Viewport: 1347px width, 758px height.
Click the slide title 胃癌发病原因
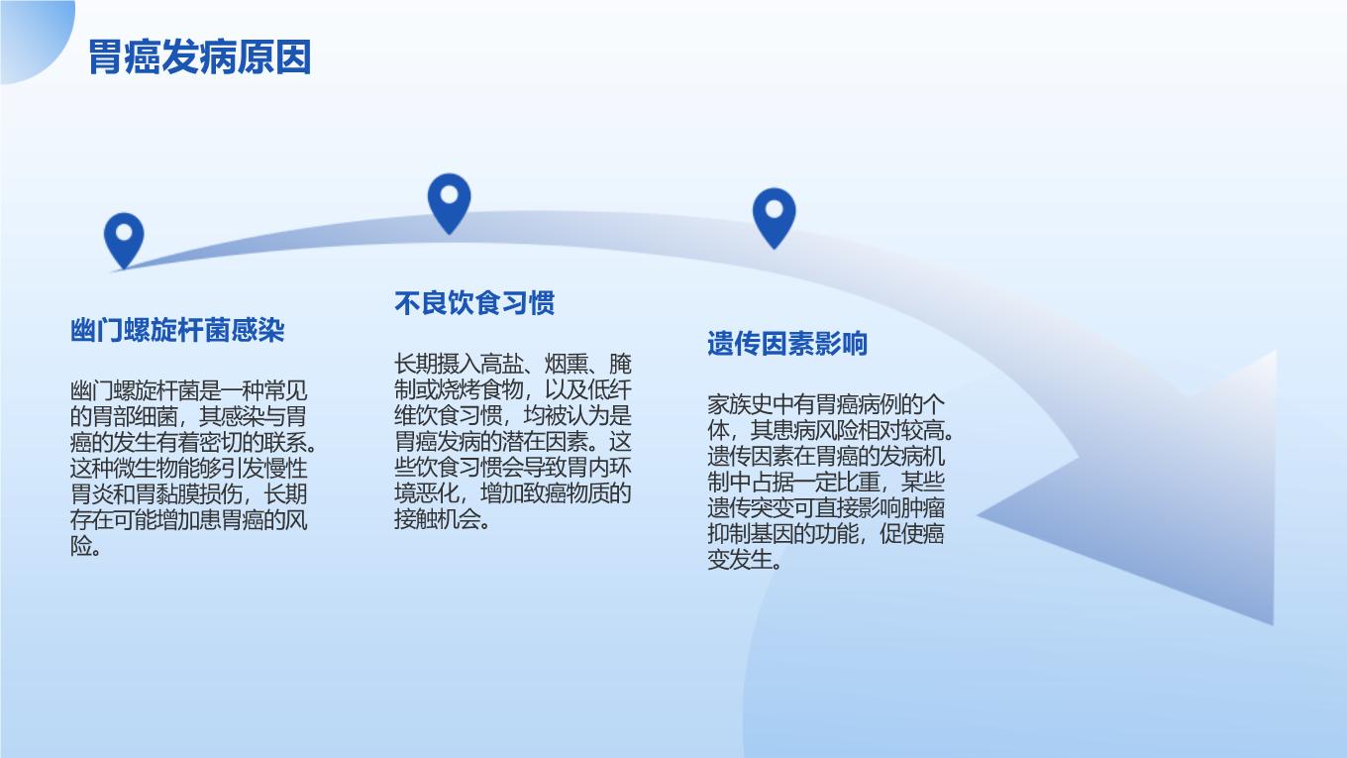click(x=200, y=57)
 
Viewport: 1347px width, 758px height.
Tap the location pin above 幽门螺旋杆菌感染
click(x=124, y=240)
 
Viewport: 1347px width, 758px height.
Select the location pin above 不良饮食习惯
click(x=450, y=203)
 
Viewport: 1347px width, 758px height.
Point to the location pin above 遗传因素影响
click(x=774, y=217)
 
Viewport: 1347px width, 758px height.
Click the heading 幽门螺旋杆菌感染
click(x=177, y=330)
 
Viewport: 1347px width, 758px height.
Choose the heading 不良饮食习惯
click(x=474, y=302)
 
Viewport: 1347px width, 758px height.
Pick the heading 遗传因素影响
click(x=787, y=344)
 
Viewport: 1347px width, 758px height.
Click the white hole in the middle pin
click(x=450, y=195)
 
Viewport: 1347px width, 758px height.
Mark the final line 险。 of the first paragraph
click(x=85, y=546)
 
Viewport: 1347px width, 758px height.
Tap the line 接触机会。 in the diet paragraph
click(x=442, y=519)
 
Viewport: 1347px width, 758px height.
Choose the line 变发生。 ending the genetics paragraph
click(x=745, y=560)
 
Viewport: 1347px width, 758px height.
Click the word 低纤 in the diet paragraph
click(x=610, y=389)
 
